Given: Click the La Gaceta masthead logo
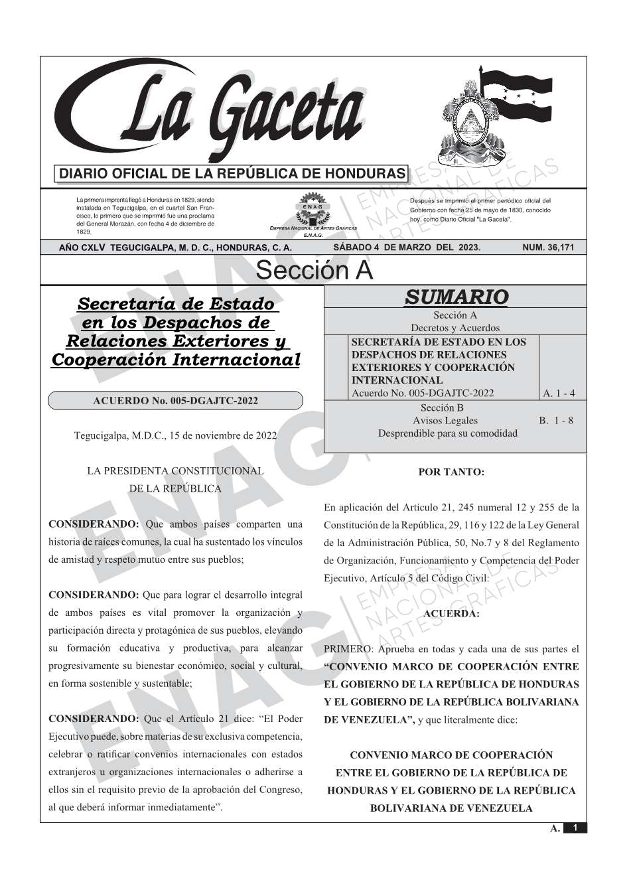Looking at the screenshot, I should [212, 113].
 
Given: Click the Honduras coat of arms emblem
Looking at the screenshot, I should [468, 123].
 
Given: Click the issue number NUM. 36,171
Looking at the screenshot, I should [548, 248].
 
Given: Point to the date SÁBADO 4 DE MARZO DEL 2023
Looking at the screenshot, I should [407, 248].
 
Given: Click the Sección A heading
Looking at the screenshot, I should [314, 271].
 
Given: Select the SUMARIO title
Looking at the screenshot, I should [456, 297].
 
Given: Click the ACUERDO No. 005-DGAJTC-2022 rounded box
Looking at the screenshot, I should [175, 401].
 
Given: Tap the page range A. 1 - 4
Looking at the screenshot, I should [559, 394].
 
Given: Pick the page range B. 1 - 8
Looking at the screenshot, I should [556, 420].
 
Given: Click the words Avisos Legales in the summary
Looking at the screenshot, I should [445, 420].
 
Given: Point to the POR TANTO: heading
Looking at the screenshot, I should [451, 473].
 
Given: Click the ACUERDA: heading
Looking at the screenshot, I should [451, 614].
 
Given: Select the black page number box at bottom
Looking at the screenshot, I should [575, 828].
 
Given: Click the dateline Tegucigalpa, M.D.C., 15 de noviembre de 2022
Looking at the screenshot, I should [175, 436].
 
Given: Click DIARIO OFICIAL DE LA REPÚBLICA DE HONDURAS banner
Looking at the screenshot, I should [232, 174].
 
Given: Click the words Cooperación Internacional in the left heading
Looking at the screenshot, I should [175, 360].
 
